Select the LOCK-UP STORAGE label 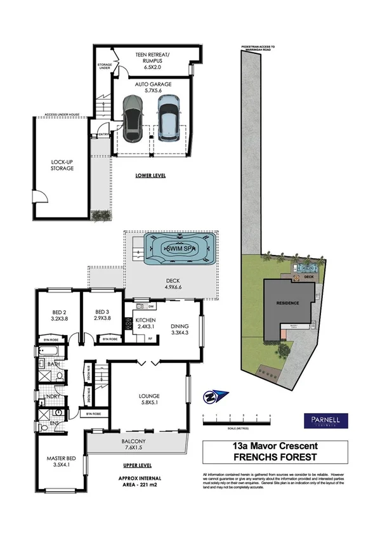[x=63, y=165]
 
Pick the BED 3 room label [x=102, y=315]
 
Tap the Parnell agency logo [x=322, y=421]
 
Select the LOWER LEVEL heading [x=150, y=175]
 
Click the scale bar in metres [x=236, y=420]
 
